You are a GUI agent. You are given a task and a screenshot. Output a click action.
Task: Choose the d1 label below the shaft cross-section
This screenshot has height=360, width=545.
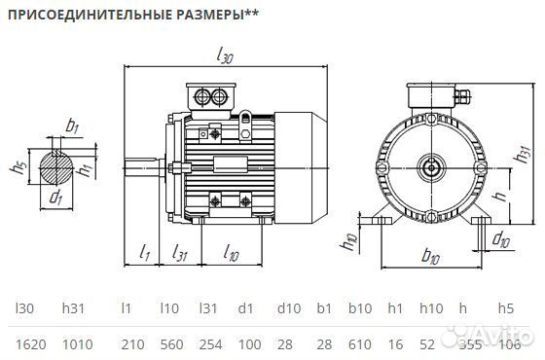[55, 199]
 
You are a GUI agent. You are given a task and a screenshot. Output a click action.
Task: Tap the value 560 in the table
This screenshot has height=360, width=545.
[172, 342]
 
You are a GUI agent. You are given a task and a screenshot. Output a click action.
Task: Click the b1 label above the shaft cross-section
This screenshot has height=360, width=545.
[71, 126]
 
